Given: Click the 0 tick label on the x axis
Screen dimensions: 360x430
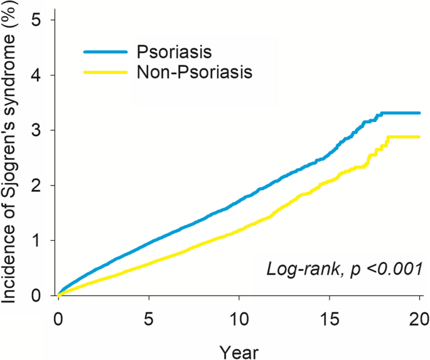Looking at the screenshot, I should coord(58,316).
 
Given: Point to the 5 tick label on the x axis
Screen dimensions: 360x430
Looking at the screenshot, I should coord(149,316).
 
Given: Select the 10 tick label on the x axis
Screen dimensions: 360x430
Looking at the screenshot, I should coord(239,316).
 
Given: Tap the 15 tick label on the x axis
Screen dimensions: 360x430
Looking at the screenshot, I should coord(330,316).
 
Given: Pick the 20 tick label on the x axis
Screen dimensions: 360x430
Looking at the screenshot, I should coord(419,316).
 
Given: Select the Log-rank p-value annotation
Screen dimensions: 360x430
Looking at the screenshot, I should coord(345,269).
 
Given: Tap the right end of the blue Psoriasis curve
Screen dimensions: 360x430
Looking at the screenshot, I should coord(419,113).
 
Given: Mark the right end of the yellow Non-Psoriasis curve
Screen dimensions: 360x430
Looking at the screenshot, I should coord(419,137).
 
